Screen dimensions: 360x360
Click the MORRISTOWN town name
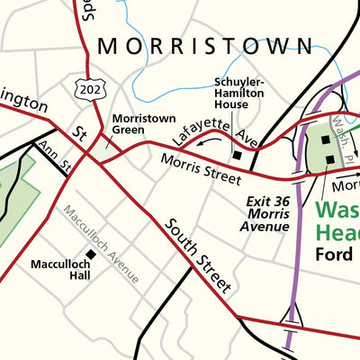[206, 46]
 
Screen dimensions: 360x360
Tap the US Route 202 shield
[92, 88]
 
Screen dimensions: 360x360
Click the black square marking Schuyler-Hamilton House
[238, 155]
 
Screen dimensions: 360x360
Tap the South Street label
[198, 256]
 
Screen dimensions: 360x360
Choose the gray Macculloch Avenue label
[103, 244]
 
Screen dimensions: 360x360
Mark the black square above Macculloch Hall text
[90, 255]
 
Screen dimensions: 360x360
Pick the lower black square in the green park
[330, 159]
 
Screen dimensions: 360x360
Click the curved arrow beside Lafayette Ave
[211, 141]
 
